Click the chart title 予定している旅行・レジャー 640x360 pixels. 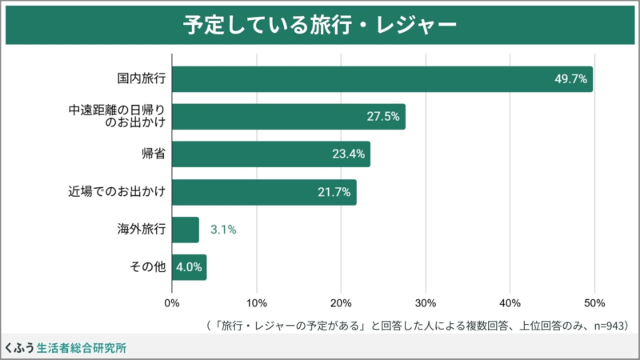tap(319, 24)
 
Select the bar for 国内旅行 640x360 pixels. tap(382, 79)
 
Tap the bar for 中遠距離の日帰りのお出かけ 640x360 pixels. tap(288, 117)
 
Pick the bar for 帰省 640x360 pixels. tap(270, 154)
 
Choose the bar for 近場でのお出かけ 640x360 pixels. tap(263, 192)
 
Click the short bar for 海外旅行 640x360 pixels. tap(185, 230)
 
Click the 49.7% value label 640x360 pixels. tap(571, 79)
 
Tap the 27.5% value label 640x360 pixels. tap(383, 117)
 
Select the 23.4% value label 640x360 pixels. tap(349, 154)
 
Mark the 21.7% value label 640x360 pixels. tap(334, 192)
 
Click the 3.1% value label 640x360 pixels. tap(223, 230)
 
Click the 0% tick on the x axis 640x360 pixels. tap(171, 302)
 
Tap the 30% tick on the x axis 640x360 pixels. tap(426, 302)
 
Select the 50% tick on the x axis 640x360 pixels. tap(594, 302)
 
